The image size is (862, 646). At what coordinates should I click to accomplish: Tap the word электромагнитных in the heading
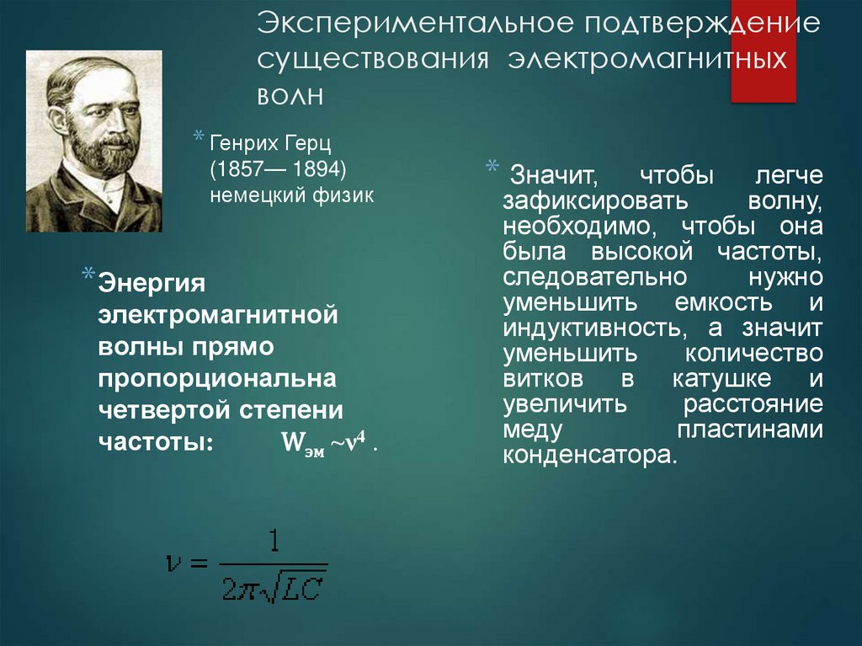647,59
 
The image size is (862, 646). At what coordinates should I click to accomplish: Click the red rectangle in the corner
763,51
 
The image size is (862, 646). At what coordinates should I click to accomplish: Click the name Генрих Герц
270,144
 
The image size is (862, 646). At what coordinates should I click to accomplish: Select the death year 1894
315,169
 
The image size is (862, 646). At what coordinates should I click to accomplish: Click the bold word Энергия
152,284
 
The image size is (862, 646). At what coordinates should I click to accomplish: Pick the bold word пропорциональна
217,378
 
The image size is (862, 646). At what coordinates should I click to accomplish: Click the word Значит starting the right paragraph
554,176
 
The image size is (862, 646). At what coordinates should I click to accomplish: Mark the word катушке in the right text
721,379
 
